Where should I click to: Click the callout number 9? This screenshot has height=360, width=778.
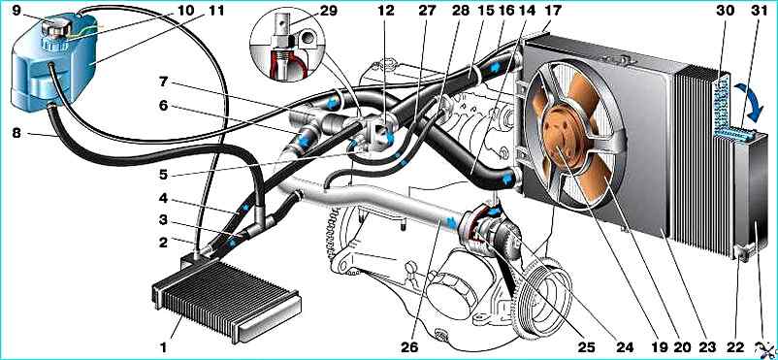tap(16, 10)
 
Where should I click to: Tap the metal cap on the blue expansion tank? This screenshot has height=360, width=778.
tap(54, 28)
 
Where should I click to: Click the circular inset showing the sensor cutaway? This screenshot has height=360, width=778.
tap(287, 45)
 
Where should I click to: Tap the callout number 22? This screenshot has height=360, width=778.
tap(741, 346)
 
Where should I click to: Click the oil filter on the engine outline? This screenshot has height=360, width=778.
tap(449, 290)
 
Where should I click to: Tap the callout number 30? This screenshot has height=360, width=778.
tap(727, 10)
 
